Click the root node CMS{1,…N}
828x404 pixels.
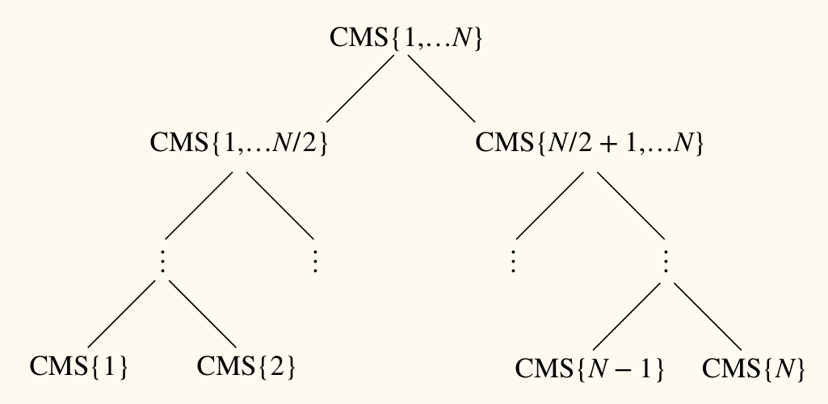406,40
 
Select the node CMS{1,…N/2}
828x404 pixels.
239,144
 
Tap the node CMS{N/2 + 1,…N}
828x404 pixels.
591,144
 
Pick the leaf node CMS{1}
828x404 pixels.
79,367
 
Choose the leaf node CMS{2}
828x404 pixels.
246,367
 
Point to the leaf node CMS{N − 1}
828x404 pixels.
590,369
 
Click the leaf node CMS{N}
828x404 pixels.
754,369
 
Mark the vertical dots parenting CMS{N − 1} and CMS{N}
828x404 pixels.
667,260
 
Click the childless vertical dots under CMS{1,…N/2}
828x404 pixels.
314,260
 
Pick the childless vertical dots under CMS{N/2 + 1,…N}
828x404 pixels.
513,260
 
